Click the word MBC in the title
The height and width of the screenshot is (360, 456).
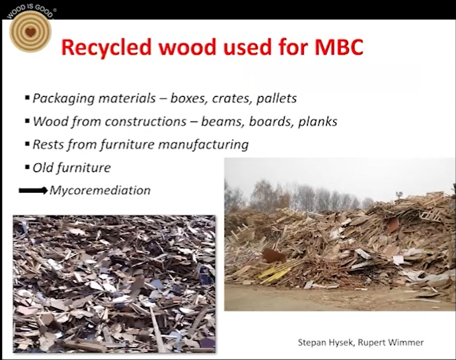tap(339, 47)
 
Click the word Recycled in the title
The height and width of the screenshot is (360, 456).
tap(106, 48)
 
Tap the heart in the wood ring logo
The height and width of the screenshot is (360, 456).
tap(30, 32)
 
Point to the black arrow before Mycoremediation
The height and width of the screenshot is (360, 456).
tap(33, 190)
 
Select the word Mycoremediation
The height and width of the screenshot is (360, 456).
tap(100, 190)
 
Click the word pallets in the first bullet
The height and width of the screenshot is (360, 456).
tap(276, 98)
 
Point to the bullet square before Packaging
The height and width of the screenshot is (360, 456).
tap(27, 97)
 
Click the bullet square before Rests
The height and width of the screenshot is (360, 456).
tap(27, 143)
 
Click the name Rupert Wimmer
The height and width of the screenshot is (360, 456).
tap(391, 343)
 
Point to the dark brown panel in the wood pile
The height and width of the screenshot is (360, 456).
tap(274, 256)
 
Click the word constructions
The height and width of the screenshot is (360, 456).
tap(145, 122)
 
